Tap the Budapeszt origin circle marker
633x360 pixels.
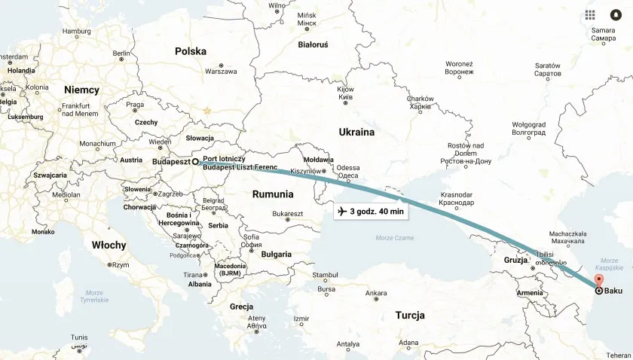[194, 161]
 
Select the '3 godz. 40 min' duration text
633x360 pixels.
[377, 212]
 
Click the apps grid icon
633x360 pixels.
[590, 15]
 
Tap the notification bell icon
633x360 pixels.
[615, 15]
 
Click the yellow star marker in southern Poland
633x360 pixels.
[206, 111]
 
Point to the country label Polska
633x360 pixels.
[191, 51]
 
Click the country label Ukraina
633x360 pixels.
[356, 132]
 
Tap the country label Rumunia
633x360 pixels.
[273, 194]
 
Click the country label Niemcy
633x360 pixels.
[81, 90]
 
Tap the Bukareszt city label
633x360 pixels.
[287, 214]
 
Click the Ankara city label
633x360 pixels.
[375, 293]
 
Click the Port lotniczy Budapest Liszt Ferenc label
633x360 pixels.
[240, 163]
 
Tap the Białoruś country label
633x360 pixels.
[313, 44]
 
